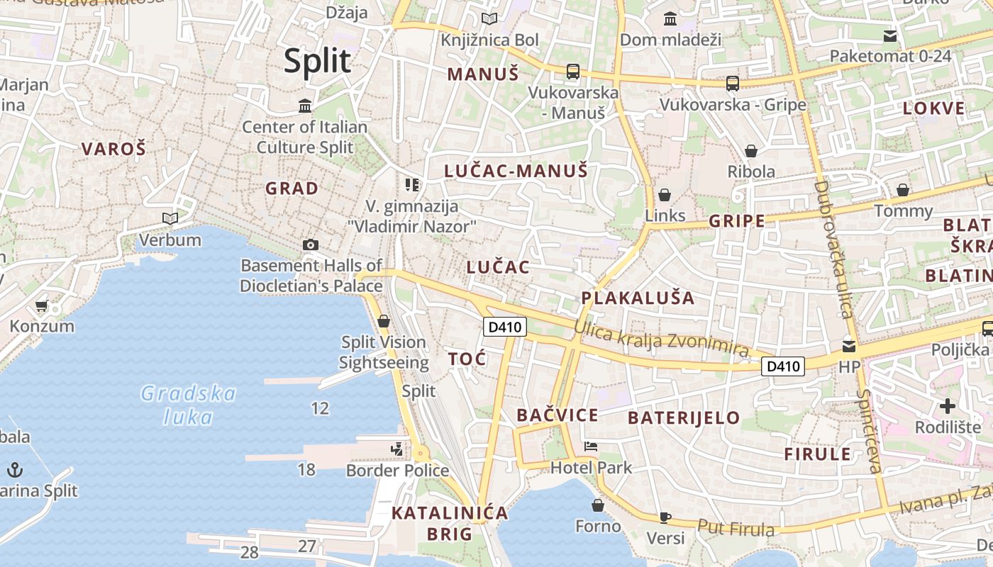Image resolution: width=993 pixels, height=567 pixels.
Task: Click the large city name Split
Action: (317, 61)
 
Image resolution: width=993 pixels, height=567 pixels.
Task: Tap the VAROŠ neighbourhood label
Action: (113, 149)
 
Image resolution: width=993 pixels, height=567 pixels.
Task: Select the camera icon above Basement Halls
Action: (310, 245)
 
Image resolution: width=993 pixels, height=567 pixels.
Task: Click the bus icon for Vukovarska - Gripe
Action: (733, 84)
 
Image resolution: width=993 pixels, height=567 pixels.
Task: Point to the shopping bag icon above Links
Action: (665, 194)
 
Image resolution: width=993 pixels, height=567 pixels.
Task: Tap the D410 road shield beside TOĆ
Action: (505, 327)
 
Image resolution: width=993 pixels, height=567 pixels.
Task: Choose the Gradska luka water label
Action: (188, 405)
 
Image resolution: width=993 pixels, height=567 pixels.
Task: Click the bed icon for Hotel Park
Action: (591, 447)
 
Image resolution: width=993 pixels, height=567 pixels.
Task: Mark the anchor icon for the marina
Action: (14, 469)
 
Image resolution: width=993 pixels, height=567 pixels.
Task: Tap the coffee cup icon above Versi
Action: (665, 517)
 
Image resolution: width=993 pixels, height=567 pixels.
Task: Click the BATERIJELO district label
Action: (684, 417)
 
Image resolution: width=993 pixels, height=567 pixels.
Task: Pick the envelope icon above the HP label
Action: (849, 347)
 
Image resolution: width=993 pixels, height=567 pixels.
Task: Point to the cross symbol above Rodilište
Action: (948, 406)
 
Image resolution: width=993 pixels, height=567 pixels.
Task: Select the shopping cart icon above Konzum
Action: (41, 306)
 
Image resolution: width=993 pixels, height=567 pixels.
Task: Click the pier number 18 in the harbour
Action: (306, 469)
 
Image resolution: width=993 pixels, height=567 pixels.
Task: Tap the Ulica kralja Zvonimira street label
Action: (661, 339)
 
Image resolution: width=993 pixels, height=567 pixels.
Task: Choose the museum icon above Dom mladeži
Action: (670, 19)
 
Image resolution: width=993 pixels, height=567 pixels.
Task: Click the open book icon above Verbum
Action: (170, 218)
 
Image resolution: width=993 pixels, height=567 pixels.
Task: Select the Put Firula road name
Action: (736, 528)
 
